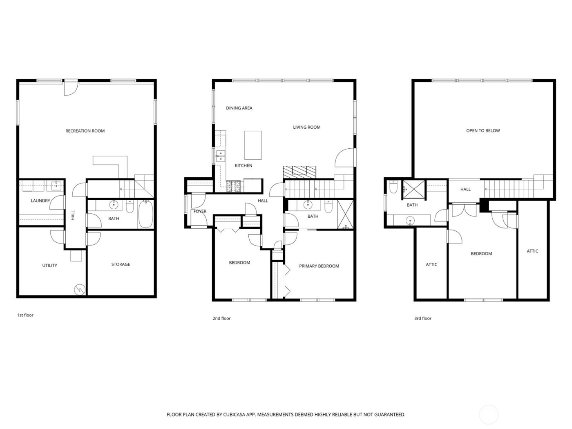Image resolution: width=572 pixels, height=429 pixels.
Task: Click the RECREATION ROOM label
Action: click(x=85, y=131)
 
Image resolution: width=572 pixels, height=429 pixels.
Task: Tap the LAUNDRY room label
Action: click(x=40, y=201)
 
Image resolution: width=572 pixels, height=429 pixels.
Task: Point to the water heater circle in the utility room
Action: click(x=79, y=290)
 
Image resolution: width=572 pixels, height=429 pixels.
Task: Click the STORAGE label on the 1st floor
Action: click(x=121, y=264)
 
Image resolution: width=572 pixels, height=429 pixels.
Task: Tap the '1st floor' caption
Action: click(x=25, y=315)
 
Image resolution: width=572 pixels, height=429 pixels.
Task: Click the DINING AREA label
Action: click(x=239, y=108)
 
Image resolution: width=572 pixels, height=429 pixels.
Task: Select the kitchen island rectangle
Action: click(x=253, y=145)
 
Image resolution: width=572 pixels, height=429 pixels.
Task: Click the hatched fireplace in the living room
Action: click(x=299, y=172)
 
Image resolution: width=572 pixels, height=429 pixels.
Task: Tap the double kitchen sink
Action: click(x=220, y=156)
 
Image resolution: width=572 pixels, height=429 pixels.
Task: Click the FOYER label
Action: click(x=200, y=211)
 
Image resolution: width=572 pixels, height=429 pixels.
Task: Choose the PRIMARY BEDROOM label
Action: click(x=319, y=266)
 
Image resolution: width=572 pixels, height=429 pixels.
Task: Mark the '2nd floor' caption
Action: click(x=221, y=318)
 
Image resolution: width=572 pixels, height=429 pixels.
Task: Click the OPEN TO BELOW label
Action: click(x=483, y=131)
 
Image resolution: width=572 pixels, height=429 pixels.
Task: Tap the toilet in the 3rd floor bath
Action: click(x=393, y=187)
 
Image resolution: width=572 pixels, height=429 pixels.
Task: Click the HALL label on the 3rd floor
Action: click(x=465, y=189)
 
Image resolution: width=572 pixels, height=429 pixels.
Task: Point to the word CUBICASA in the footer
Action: click(x=234, y=414)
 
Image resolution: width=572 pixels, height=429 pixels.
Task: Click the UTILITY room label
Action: click(x=49, y=266)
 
